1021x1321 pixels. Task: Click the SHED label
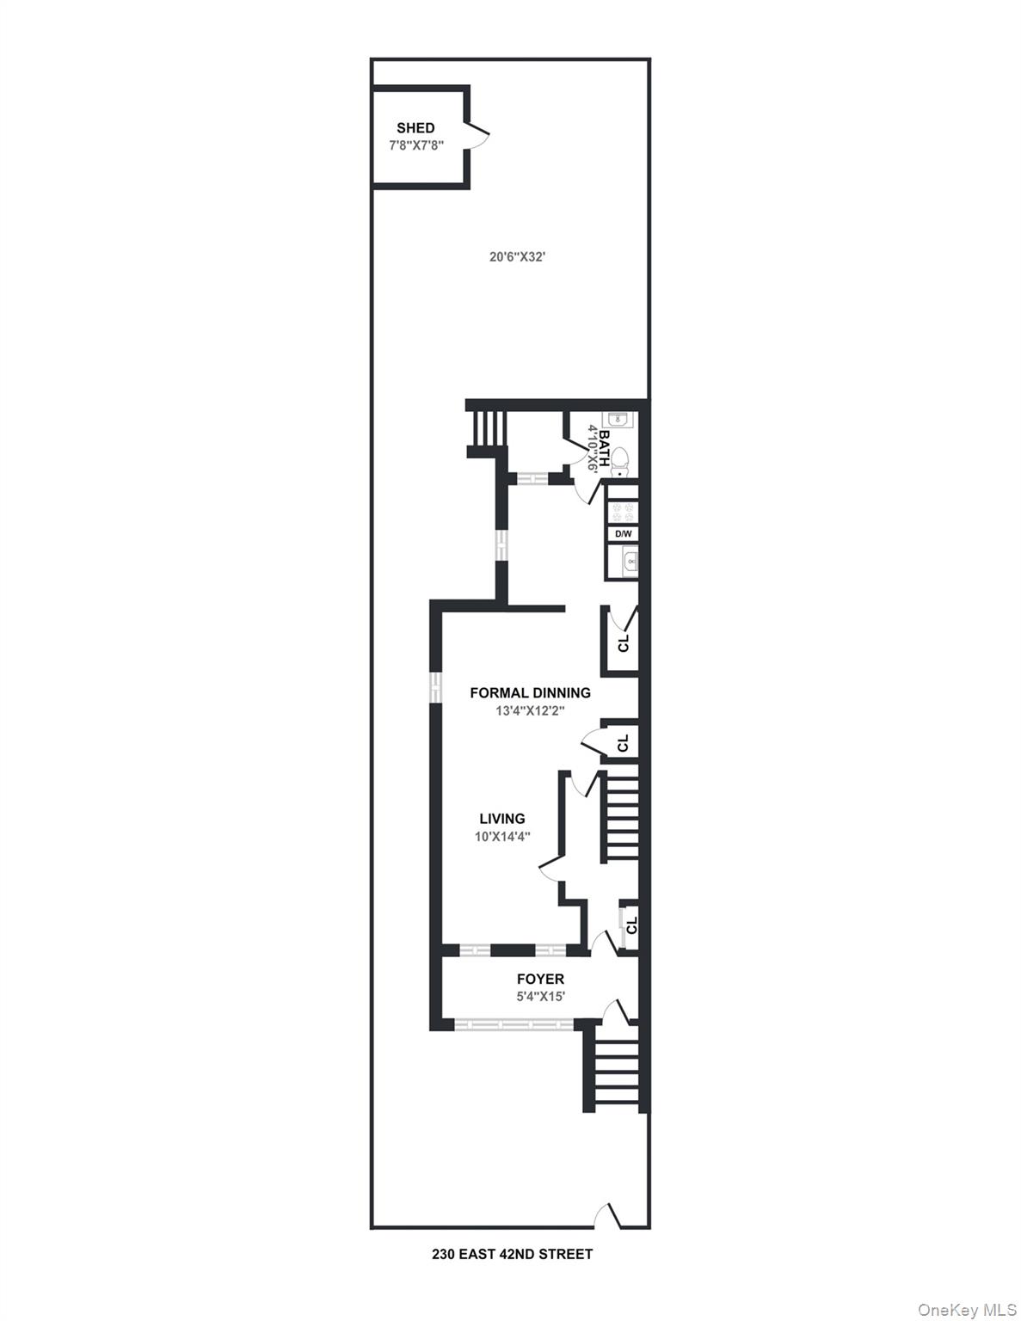(x=415, y=128)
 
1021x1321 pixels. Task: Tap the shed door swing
(x=479, y=135)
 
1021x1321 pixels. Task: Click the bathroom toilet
(x=620, y=462)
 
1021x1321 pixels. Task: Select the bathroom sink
(x=618, y=420)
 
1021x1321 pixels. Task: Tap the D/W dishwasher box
(x=623, y=534)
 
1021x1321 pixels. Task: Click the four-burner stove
(x=623, y=511)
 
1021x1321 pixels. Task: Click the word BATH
(x=605, y=447)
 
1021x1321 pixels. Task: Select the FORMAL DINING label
(x=530, y=692)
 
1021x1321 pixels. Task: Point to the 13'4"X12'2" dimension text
(x=530, y=711)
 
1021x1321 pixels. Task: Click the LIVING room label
(x=502, y=819)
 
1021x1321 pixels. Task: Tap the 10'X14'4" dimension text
(x=502, y=837)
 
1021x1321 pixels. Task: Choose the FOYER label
(x=540, y=979)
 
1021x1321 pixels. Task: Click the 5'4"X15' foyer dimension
(x=540, y=997)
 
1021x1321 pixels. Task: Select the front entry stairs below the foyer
(x=614, y=1066)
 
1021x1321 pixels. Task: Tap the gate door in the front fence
(x=612, y=1215)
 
